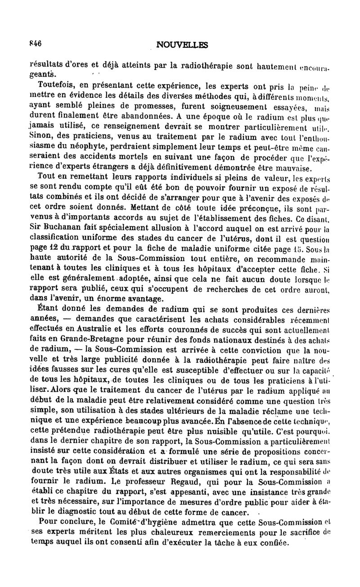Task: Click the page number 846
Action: [x=35, y=44]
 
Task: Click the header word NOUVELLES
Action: [x=182, y=45]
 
